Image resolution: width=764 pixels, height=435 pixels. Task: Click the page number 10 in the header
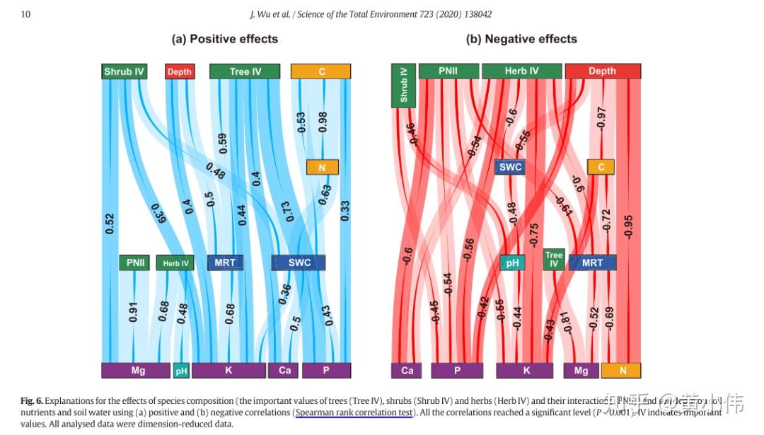[x=25, y=14]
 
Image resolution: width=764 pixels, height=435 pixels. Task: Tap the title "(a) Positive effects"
[x=225, y=39]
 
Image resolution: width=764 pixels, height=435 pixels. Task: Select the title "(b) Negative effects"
[x=521, y=39]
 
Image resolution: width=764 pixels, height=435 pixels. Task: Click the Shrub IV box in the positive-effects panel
[x=125, y=71]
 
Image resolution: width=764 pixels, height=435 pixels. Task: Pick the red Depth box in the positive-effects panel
[x=180, y=71]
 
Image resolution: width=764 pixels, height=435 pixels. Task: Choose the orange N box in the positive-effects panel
[x=322, y=168]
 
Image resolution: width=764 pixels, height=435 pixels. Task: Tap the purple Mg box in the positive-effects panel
[x=138, y=370]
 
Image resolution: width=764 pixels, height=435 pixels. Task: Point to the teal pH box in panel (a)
[x=181, y=370]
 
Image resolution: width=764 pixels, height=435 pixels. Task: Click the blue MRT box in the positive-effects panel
[x=225, y=262]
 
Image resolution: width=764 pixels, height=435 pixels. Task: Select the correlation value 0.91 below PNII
[x=134, y=312]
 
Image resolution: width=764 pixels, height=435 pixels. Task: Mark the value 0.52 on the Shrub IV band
[x=110, y=224]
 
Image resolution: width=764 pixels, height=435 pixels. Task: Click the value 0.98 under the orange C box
[x=323, y=122]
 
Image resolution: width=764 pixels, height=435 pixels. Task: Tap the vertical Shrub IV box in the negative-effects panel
[x=403, y=86]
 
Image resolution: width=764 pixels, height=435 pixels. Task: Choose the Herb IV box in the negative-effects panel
[x=521, y=71]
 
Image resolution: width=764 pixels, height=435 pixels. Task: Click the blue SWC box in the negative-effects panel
[x=510, y=168]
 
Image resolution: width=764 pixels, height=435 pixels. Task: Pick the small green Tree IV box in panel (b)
[x=554, y=260]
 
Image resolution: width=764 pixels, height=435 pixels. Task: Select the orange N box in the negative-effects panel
[x=620, y=370]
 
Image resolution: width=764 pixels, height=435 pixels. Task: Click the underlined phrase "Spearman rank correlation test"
[x=353, y=412]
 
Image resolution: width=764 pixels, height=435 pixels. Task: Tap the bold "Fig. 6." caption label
[x=32, y=401]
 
